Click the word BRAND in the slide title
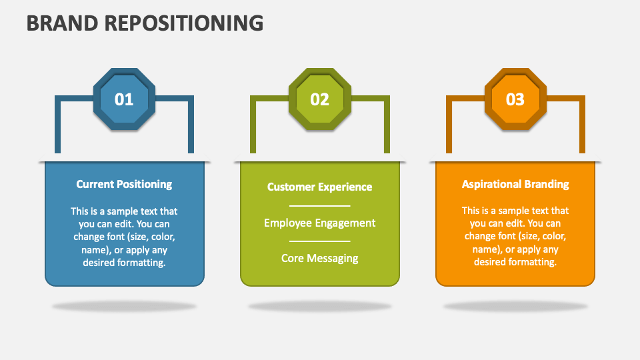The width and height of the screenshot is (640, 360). tap(59, 23)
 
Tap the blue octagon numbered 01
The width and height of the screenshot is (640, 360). tap(124, 99)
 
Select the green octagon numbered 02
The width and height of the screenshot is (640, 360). tap(320, 99)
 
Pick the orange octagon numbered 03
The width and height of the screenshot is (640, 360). tap(515, 99)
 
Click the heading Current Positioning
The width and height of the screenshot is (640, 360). tap(124, 184)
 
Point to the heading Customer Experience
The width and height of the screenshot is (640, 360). tap(320, 187)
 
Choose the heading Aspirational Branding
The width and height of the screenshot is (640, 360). tap(515, 184)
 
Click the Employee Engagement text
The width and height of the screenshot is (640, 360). tap(320, 223)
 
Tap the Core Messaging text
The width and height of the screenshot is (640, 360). tap(320, 258)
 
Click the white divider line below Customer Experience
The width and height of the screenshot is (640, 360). tap(320, 206)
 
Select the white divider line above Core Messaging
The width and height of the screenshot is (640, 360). tap(320, 241)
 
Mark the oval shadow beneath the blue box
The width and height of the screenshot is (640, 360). tap(124, 307)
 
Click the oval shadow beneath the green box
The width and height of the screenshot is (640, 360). tap(320, 307)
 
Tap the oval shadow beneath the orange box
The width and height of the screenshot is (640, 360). tap(515, 307)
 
